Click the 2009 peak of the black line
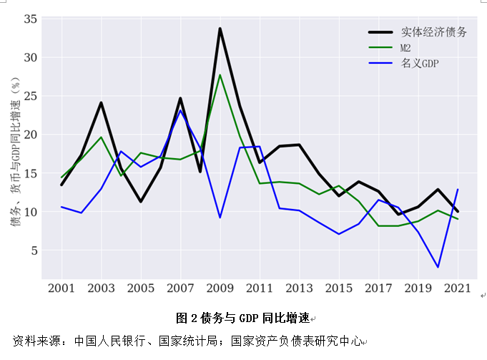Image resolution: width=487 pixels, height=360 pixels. tap(220, 29)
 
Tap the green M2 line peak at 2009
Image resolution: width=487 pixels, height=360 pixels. tap(220, 75)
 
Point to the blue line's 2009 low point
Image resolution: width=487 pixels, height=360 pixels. tap(220, 218)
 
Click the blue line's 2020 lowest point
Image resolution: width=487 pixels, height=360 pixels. tap(438, 267)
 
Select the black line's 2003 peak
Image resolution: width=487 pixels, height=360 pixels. tap(101, 102)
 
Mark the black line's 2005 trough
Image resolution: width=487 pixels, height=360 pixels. tap(141, 201)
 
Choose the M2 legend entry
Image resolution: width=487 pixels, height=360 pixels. tap(405, 48)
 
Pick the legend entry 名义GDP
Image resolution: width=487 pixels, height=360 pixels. tap(420, 64)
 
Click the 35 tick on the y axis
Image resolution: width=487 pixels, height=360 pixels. tap(29, 19)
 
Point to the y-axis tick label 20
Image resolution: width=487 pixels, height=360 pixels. tap(29, 135)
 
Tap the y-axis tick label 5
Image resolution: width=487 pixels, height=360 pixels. tap(33, 250)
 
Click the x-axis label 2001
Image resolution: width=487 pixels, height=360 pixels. tap(62, 288)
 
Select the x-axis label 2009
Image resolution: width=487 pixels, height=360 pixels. tap(220, 288)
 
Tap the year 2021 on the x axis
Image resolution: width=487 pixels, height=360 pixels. tap(458, 288)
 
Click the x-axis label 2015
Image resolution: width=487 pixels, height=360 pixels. tap(339, 288)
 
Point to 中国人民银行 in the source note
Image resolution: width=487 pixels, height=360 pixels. tap(102, 340)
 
